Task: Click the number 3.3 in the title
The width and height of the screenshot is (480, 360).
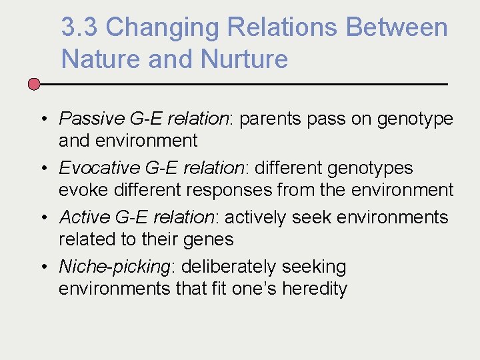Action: click(80, 27)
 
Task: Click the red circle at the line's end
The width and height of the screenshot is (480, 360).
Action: click(35, 84)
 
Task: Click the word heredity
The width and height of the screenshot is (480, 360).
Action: click(315, 289)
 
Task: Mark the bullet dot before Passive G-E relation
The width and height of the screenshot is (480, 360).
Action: click(42, 119)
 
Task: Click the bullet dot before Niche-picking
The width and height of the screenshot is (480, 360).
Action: click(42, 267)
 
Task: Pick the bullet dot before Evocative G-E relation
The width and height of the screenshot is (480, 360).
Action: click(42, 169)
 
